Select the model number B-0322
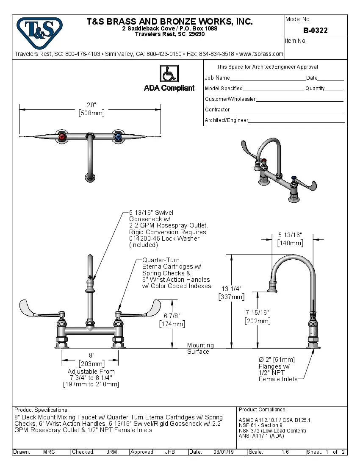315,31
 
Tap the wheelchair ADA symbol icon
169,74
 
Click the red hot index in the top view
62,137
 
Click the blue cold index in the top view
117,137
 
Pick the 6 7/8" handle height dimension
172,316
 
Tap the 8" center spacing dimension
91,355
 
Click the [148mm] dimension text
290,243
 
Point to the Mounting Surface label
200,348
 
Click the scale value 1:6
285,452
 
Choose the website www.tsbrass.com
261,54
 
